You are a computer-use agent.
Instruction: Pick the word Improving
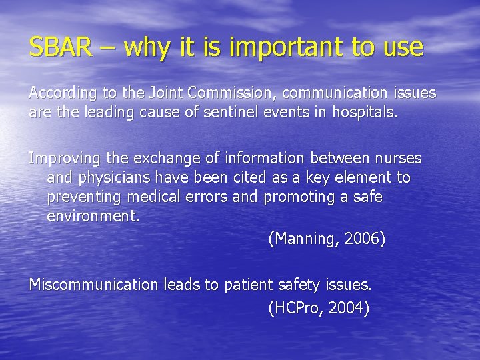coord(63,159)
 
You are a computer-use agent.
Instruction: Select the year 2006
coord(363,238)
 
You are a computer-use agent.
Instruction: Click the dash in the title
coord(107,48)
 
